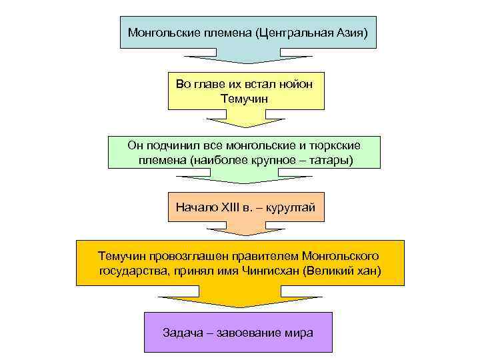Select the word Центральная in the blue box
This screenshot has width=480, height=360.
click(x=293, y=33)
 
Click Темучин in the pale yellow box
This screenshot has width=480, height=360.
click(x=246, y=98)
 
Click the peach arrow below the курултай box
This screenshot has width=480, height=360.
click(x=246, y=229)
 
